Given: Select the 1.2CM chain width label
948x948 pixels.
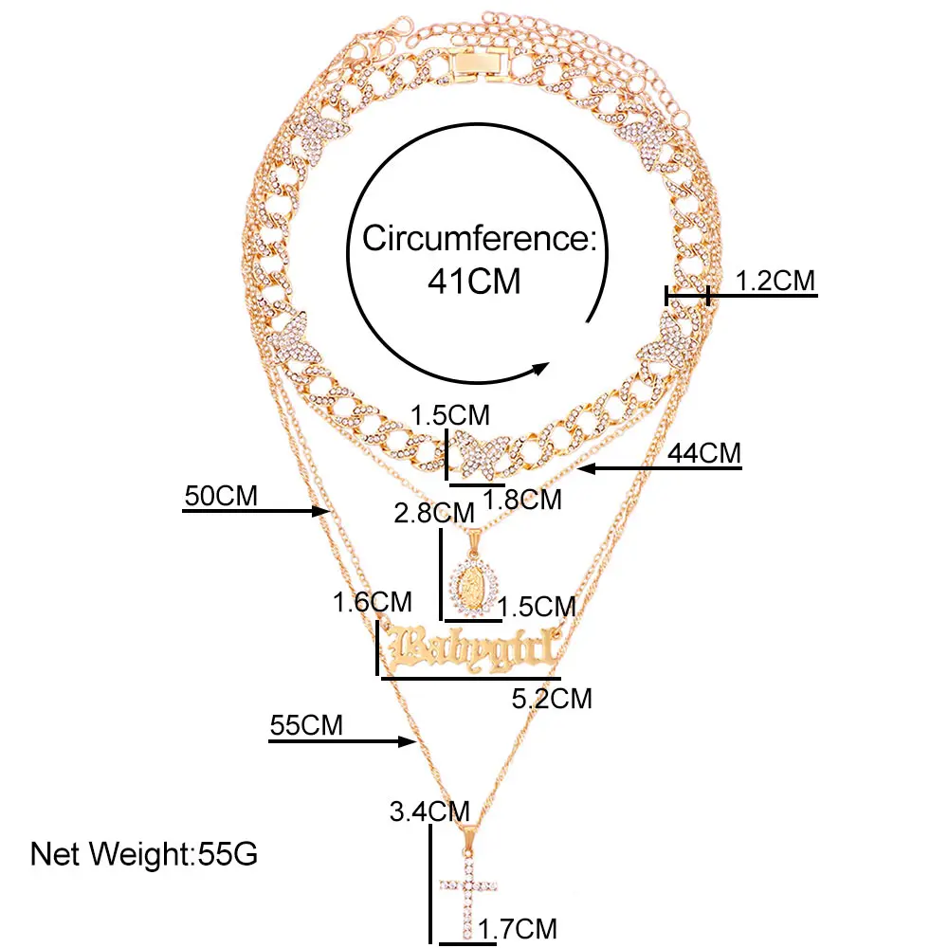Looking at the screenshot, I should pyautogui.click(x=775, y=281).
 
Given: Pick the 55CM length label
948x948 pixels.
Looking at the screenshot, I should pyautogui.click(x=306, y=727).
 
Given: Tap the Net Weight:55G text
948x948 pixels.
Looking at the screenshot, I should pyautogui.click(x=144, y=853).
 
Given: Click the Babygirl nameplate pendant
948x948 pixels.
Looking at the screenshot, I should pyautogui.click(x=469, y=649).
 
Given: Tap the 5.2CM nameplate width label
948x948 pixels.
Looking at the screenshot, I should pyautogui.click(x=551, y=699).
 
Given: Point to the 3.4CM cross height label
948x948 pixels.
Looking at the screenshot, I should pyautogui.click(x=429, y=811).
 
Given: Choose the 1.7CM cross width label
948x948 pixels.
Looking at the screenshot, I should pyautogui.click(x=518, y=928).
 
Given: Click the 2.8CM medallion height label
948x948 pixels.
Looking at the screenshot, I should pyautogui.click(x=433, y=513).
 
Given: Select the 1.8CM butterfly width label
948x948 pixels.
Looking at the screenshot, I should pyautogui.click(x=522, y=499).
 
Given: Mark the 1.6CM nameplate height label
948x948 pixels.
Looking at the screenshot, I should pyautogui.click(x=372, y=601).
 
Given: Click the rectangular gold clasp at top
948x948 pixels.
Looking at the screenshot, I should pyautogui.click(x=473, y=63).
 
